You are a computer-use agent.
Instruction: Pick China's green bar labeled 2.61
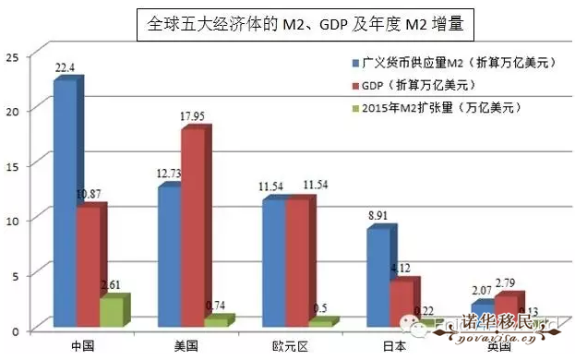coord(111,311)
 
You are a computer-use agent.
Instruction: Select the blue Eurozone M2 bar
coord(274,262)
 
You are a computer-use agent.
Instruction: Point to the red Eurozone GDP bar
coord(297,262)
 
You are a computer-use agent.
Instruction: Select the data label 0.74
coord(217,306)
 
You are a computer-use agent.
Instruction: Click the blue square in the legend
coord(356,64)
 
